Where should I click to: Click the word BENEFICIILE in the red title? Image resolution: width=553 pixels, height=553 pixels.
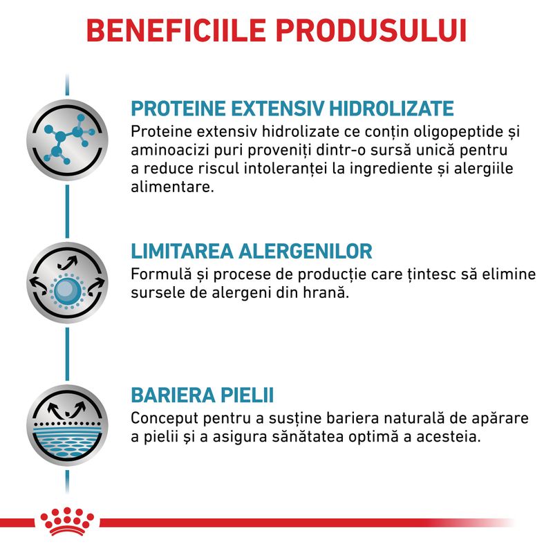pos(176,30)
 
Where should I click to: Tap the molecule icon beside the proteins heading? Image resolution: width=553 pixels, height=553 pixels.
pos(67,140)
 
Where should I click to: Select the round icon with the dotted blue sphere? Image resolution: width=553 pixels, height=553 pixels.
pos(67,283)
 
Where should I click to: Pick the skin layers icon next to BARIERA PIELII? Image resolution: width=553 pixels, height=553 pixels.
pos(67,425)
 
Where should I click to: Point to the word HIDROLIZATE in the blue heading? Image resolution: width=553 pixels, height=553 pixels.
pos(391,109)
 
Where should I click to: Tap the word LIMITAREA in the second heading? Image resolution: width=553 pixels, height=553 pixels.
pos(182,252)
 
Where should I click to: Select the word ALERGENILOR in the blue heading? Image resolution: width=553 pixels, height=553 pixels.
pos(306,252)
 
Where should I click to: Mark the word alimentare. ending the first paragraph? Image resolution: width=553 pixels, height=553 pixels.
pos(172,187)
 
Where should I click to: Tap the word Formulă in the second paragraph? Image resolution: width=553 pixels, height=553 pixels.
pos(161,274)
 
